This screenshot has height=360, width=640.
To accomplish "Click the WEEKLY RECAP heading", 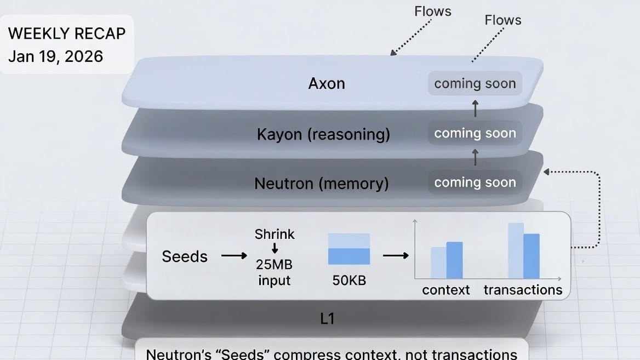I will (x=67, y=33).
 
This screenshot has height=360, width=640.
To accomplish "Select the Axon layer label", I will (x=327, y=83).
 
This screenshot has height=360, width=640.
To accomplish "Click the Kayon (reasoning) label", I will (x=323, y=134).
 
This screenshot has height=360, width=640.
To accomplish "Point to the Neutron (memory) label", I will (x=322, y=183).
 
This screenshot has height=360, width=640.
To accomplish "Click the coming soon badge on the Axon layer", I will (x=475, y=84).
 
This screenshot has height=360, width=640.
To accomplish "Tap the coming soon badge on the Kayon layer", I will (x=475, y=133).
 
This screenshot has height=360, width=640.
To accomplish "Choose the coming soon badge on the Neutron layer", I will (x=475, y=182).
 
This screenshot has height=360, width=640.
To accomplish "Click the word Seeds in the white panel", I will (x=185, y=256).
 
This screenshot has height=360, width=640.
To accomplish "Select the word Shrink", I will (x=275, y=235).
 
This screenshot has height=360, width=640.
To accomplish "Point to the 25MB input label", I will (x=274, y=272).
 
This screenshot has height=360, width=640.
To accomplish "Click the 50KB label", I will (x=349, y=281).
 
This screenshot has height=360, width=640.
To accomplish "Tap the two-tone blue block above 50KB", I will (x=349, y=249).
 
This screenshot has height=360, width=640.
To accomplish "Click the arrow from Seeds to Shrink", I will (x=233, y=255).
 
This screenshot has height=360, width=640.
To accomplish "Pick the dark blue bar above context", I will (x=454, y=260).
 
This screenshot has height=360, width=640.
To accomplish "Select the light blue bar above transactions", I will (x=516, y=250).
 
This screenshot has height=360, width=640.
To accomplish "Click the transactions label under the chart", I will (x=523, y=290).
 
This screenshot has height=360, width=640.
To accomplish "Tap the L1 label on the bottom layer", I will (x=327, y=318).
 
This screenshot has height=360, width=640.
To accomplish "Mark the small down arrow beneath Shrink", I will (x=275, y=249).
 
